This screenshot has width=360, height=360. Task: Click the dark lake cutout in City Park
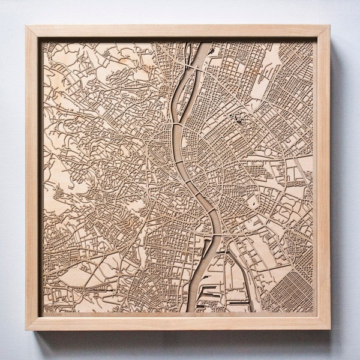[241, 119]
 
